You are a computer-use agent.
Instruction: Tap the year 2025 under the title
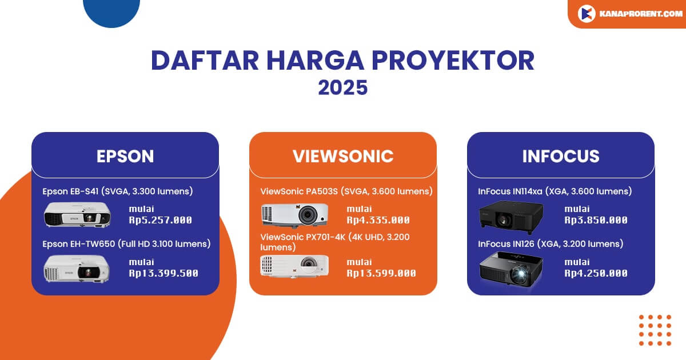click(342, 87)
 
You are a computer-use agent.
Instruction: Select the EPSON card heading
click(125, 156)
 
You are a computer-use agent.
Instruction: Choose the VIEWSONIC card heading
click(342, 156)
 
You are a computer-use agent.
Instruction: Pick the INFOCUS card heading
click(560, 156)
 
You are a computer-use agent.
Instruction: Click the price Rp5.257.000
click(160, 220)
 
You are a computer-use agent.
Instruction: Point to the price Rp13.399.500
click(163, 273)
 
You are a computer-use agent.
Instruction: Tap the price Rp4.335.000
click(378, 220)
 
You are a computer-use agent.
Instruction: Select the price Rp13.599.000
click(381, 273)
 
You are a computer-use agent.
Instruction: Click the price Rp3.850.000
click(596, 220)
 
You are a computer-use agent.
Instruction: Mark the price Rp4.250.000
click(596, 273)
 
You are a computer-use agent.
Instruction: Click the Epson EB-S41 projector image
click(77, 215)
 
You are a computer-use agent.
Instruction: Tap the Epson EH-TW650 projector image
click(77, 267)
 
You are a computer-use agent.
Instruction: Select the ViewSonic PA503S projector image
click(294, 215)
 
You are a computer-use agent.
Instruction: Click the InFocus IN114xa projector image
click(512, 215)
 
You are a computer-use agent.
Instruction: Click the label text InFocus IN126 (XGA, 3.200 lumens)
click(551, 244)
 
